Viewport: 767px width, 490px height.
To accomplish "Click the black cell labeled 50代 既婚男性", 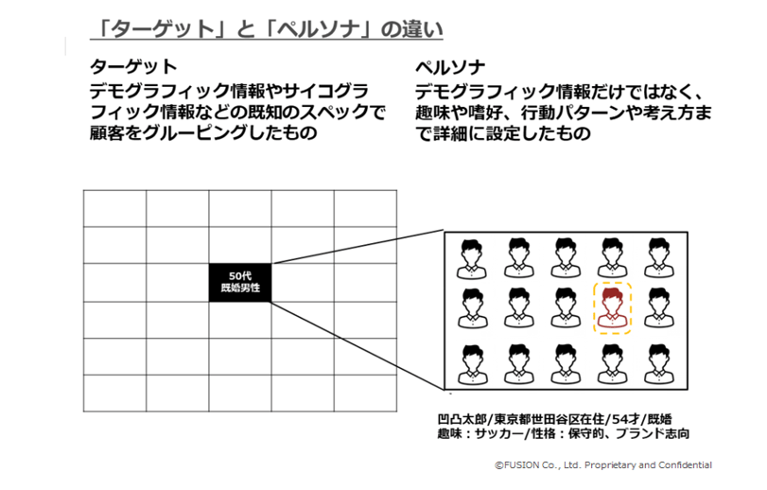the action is [x=240, y=282].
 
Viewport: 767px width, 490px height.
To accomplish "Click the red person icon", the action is [x=613, y=307].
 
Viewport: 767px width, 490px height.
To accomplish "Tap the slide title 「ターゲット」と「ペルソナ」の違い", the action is [x=267, y=29].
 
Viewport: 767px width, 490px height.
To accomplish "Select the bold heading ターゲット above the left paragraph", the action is [x=133, y=66].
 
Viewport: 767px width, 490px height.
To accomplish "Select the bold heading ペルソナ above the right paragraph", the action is [x=450, y=66].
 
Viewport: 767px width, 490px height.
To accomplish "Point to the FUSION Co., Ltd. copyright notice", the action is [x=603, y=465].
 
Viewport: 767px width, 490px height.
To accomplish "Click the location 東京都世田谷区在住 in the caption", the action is [x=549, y=419].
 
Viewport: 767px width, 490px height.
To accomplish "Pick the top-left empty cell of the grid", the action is [x=115, y=209].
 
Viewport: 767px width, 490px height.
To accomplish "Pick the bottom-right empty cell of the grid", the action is [x=365, y=394].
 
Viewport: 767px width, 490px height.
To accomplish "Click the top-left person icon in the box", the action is [x=472, y=258].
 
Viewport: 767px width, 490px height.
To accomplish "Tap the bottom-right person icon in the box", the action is [x=659, y=364].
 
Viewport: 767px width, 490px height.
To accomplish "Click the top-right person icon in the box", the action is [x=659, y=258].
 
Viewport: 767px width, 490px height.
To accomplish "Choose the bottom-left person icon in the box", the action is [x=472, y=364].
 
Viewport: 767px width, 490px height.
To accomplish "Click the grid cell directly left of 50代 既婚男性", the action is [x=178, y=282].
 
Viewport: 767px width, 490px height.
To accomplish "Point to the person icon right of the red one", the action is [x=659, y=307].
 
